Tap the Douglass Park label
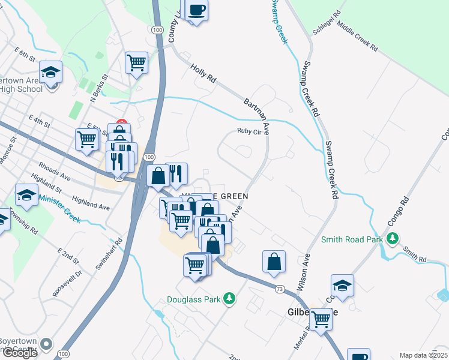point(194,298)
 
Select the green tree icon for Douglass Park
point(228,298)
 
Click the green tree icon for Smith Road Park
point(393,239)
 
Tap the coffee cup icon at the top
point(197,10)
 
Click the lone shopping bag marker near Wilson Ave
point(274,262)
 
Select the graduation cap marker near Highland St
point(26,193)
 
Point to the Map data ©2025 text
point(423,355)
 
